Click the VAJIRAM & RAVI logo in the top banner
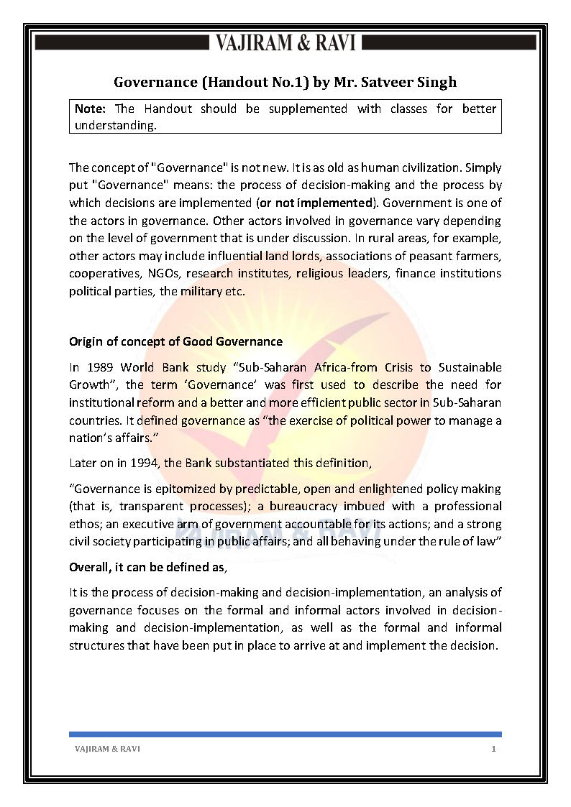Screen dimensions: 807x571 pos(285,43)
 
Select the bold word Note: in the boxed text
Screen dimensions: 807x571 pos(91,109)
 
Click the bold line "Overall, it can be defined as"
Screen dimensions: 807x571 pos(147,567)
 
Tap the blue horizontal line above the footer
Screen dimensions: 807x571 pos(285,734)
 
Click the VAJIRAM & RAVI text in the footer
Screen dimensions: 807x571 pos(107,749)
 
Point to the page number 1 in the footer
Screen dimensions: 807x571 pos(493,749)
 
